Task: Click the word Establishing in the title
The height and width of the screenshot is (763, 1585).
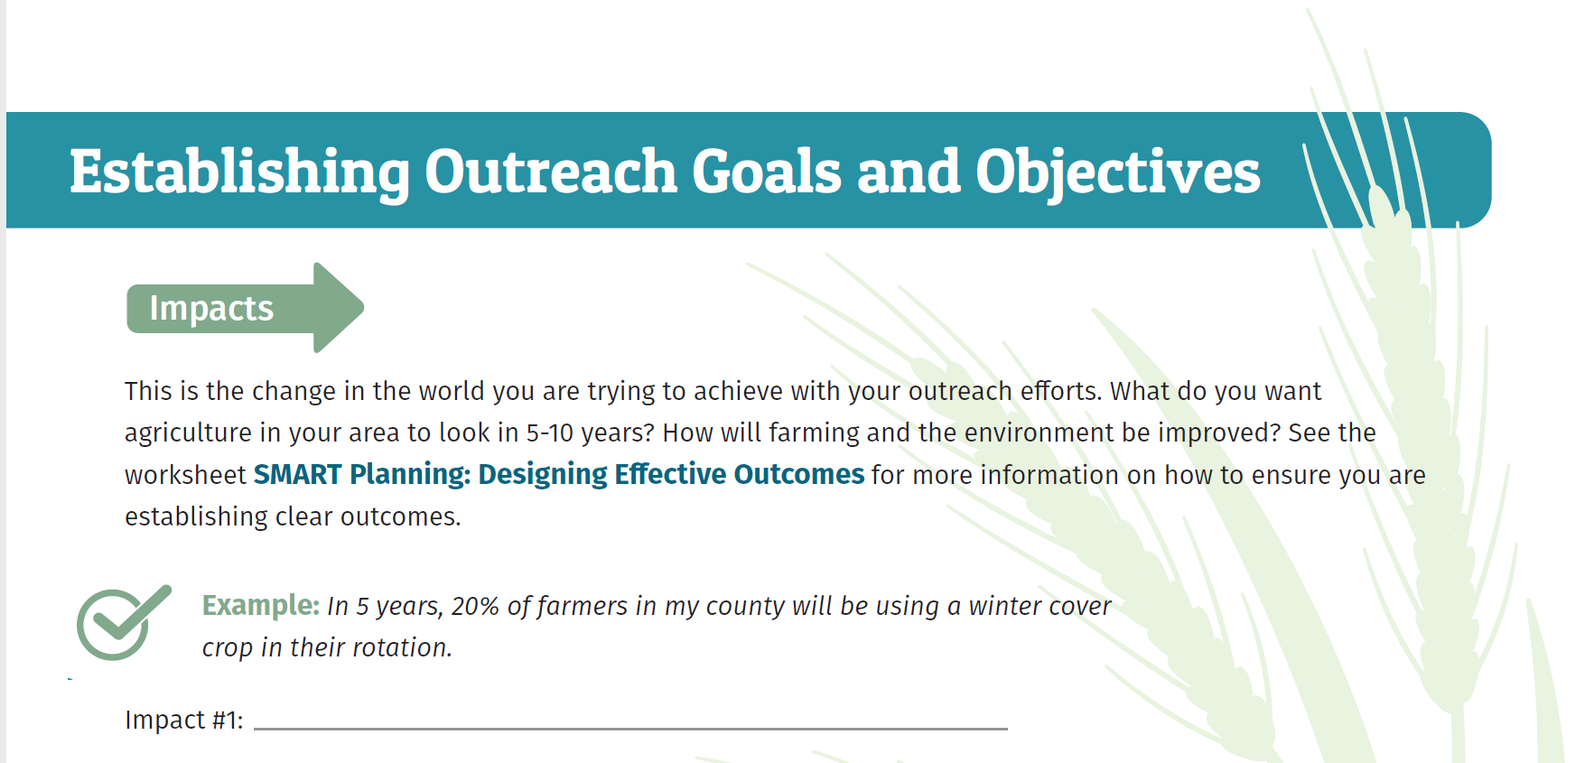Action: click(239, 172)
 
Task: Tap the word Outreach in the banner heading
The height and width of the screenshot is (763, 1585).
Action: click(550, 172)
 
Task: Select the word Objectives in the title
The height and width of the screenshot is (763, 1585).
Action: click(1117, 172)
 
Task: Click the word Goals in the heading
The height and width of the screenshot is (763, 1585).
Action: click(767, 172)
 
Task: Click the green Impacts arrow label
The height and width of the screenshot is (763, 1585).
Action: click(211, 309)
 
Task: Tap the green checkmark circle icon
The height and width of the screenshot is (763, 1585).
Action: click(117, 625)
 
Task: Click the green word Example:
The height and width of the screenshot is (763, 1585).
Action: click(260, 605)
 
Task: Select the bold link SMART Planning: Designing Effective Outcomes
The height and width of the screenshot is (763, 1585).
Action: click(558, 474)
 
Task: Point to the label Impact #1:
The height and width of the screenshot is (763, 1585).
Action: click(183, 720)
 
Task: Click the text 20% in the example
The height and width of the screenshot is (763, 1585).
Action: click(475, 606)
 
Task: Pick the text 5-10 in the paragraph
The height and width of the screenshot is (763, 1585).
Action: click(550, 433)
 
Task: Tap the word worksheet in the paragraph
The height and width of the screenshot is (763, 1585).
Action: click(185, 475)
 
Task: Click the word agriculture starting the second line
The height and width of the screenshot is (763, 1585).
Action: click(188, 433)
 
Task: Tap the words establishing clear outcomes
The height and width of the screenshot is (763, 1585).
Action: click(292, 516)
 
